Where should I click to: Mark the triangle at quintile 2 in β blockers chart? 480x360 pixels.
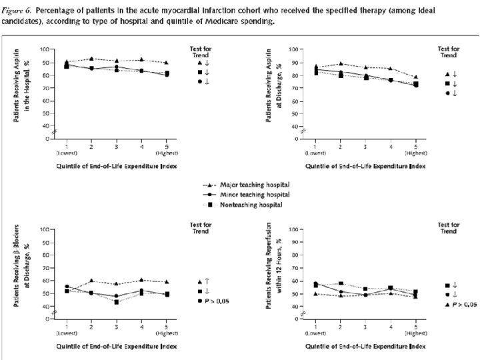91,281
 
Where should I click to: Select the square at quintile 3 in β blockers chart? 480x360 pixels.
117,302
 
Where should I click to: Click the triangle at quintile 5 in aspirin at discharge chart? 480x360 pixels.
415,77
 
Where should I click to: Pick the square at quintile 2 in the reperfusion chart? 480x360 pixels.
341,283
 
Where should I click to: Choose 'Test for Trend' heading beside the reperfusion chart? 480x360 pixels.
448,229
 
